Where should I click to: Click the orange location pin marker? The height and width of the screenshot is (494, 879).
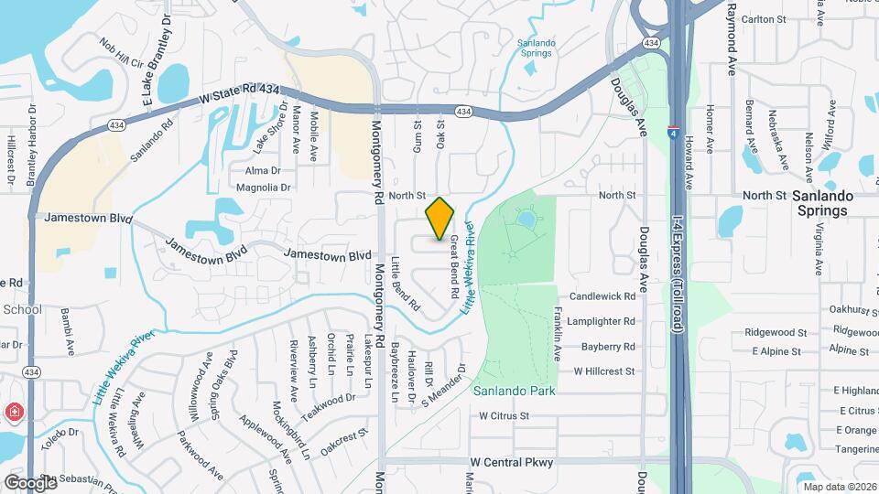click(x=440, y=218)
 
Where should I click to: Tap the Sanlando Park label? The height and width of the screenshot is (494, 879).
click(x=514, y=391)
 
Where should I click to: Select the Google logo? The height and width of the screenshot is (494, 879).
click(x=29, y=482)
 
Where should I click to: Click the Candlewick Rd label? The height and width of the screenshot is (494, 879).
click(x=602, y=297)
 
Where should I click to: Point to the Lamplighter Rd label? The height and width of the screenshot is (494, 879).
click(x=602, y=322)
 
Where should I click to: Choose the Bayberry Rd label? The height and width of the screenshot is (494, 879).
click(x=608, y=347)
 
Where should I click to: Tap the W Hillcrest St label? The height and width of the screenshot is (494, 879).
click(x=604, y=371)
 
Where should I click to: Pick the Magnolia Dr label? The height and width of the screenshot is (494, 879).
click(x=263, y=188)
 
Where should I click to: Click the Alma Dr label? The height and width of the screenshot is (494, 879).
click(x=263, y=170)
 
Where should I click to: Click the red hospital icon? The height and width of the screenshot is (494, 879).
click(x=14, y=413)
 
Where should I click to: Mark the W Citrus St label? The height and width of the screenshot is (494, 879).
click(x=505, y=415)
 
